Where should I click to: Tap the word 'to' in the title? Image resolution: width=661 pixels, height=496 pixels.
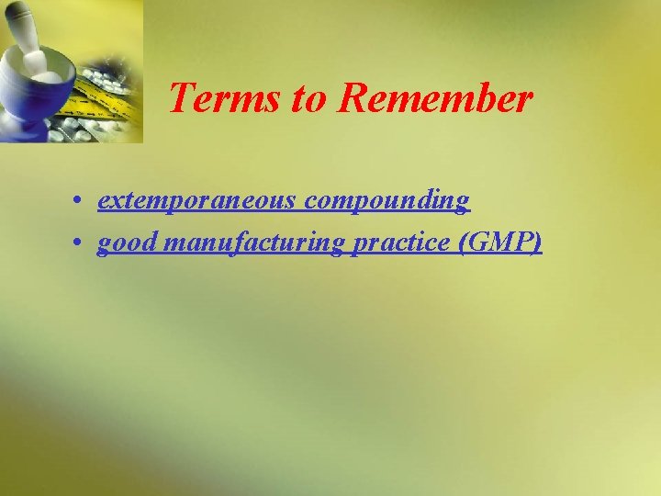point(309,98)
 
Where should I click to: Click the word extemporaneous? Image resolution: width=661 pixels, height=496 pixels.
point(195,200)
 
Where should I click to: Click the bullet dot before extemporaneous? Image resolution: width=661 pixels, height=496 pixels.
point(82,201)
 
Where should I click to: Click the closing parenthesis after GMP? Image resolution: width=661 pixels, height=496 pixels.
point(537,242)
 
